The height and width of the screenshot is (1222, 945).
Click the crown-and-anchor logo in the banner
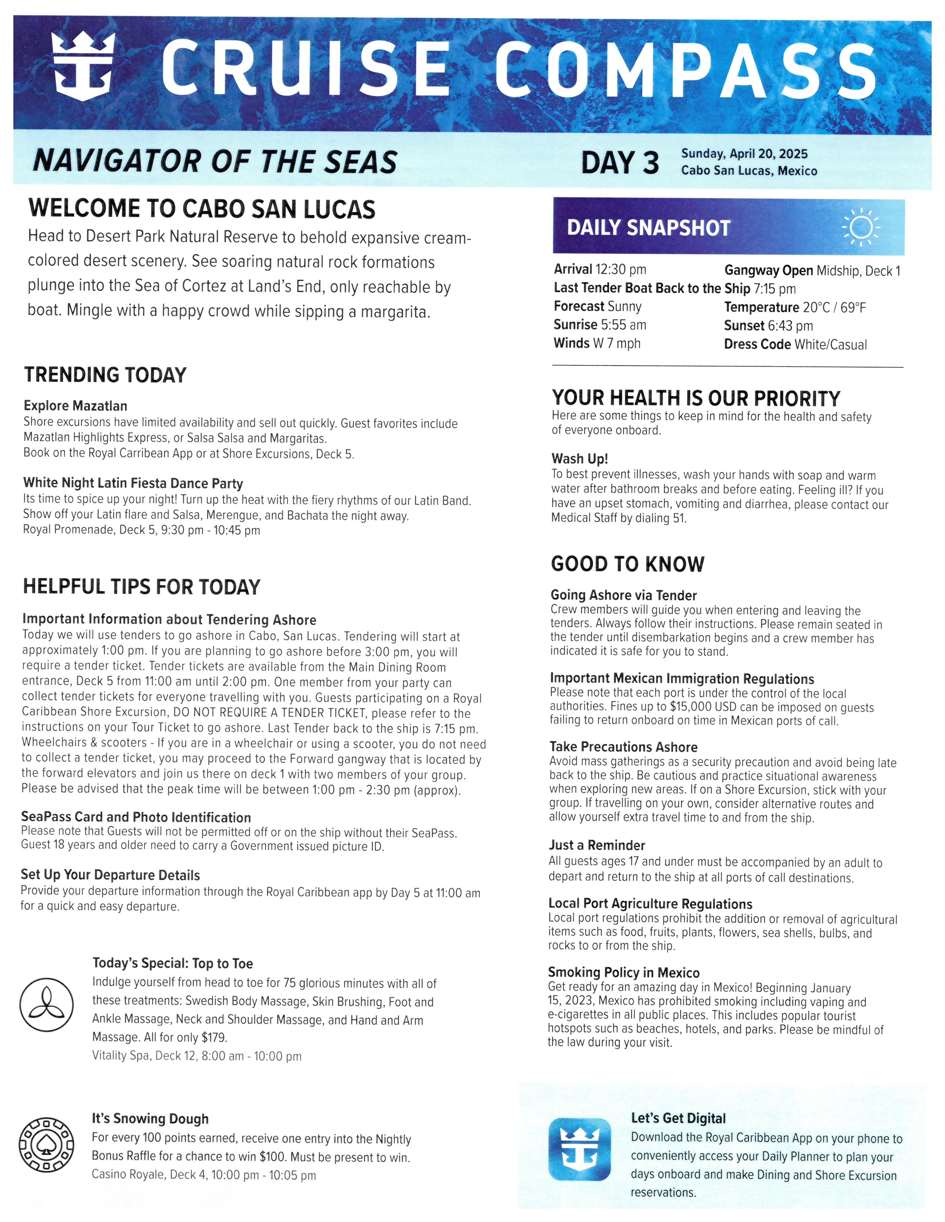pos(83,66)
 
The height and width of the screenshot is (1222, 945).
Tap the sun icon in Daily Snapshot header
pos(861,227)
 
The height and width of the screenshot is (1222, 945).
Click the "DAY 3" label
pos(620,163)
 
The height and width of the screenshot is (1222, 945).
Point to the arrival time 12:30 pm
pos(620,270)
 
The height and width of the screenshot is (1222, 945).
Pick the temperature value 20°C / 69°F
pos(834,307)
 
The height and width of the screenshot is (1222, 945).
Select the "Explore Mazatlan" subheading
pos(76,405)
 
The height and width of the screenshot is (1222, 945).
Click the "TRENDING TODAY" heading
pos(105,375)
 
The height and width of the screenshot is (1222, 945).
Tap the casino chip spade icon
pos(46,1145)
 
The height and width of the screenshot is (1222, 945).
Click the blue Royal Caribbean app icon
pos(580,1149)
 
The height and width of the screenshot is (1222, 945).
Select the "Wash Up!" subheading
pos(580,459)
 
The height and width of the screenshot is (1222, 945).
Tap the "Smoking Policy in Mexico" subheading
pos(624,972)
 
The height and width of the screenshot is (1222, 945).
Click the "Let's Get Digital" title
pos(678,1118)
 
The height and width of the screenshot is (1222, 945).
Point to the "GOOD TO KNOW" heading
pos(627,564)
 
